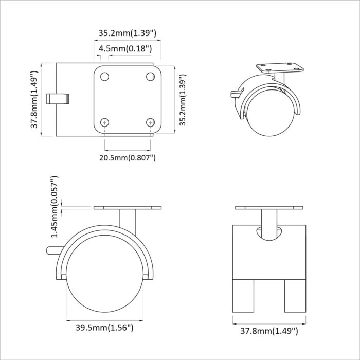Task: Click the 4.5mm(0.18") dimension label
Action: (125, 49)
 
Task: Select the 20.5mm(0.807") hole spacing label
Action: (128, 157)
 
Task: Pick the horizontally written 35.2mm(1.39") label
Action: (128, 33)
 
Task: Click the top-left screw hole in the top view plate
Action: (105, 77)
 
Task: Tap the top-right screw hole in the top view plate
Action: (150, 77)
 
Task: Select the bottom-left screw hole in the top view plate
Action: (105, 122)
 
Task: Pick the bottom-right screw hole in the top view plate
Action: (150, 122)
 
